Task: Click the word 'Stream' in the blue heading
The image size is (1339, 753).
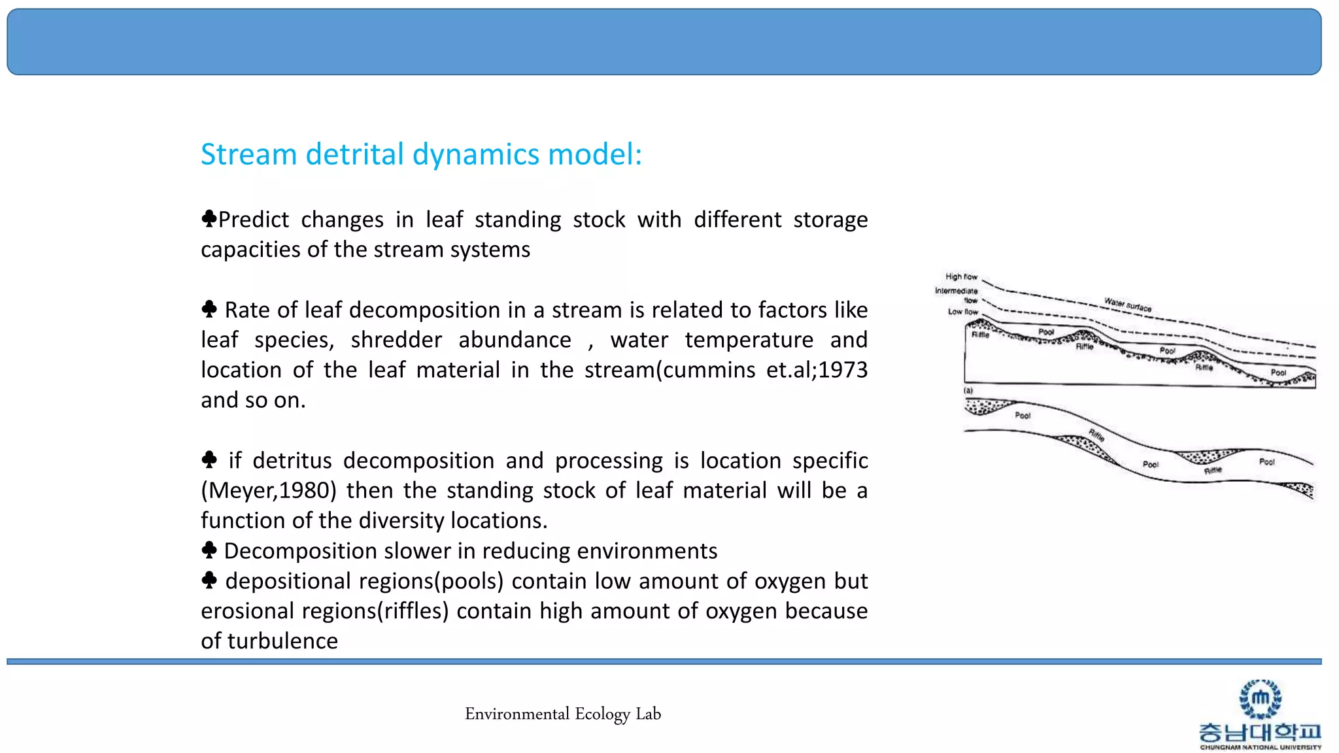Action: pos(248,155)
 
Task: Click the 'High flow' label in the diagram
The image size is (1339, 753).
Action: pos(961,276)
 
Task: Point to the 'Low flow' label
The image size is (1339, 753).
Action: pos(962,312)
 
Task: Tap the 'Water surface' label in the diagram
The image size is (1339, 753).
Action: pos(1128,304)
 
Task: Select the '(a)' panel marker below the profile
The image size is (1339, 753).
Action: pos(968,390)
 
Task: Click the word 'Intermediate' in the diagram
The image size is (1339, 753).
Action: pos(956,291)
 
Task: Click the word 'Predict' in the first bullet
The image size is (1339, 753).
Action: pos(253,220)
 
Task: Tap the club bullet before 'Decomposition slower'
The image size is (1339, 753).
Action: pos(209,550)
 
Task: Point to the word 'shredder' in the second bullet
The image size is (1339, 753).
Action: pos(396,340)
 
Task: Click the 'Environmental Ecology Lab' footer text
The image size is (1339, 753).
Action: pos(563,714)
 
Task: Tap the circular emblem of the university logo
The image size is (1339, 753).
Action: pos(1260,698)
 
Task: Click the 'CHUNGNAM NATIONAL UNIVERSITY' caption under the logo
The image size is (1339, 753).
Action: pos(1260,747)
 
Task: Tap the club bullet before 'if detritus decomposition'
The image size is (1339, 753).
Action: pos(209,460)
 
